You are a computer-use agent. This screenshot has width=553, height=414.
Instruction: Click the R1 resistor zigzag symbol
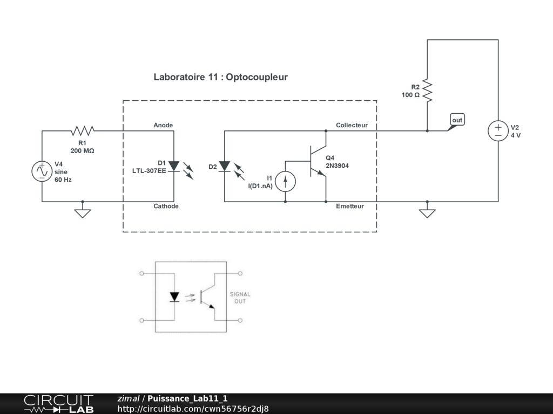[83, 130]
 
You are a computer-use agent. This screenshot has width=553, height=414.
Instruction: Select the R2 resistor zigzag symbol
[427, 91]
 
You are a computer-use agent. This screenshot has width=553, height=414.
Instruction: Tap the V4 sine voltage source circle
[42, 171]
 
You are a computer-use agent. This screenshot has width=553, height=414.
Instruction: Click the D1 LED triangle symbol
[174, 165]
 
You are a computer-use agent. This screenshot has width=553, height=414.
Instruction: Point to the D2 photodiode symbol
[225, 166]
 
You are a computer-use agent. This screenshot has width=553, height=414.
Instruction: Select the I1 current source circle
[285, 181]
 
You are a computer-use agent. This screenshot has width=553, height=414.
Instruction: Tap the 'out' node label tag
[457, 120]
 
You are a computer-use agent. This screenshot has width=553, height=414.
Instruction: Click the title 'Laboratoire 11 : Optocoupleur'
[220, 77]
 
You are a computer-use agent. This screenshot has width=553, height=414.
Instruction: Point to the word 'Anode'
[163, 125]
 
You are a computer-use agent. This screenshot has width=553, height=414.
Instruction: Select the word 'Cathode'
[166, 206]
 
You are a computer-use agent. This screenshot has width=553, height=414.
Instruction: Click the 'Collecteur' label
[352, 125]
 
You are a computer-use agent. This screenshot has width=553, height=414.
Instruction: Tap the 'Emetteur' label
[349, 206]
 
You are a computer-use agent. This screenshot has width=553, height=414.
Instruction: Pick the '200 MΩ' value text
[82, 151]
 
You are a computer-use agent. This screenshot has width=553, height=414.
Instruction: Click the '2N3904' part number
[337, 165]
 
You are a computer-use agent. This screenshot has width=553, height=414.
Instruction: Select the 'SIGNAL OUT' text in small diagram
[240, 298]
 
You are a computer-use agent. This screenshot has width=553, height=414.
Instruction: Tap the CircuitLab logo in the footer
[58, 404]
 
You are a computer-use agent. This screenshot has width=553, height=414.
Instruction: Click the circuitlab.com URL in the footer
[193, 409]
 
